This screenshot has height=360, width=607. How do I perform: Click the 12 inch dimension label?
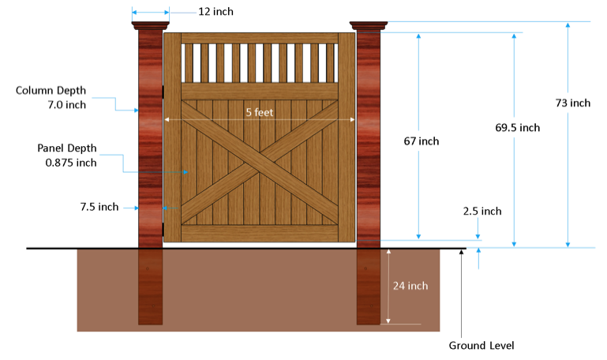(x=215, y=12)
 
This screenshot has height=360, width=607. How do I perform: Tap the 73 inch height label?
(x=573, y=103)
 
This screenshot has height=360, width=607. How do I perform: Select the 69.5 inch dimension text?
(x=518, y=127)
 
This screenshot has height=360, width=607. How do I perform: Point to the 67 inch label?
(x=422, y=141)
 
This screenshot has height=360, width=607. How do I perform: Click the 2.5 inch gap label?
(x=482, y=211)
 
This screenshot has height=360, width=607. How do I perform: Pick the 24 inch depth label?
(x=410, y=286)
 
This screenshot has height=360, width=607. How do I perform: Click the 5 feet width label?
(x=260, y=112)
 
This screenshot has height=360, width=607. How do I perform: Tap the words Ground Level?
(x=481, y=345)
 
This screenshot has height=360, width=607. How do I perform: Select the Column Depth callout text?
(x=51, y=98)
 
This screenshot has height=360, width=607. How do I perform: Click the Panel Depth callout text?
(x=67, y=156)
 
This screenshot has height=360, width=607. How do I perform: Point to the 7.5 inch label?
(x=99, y=207)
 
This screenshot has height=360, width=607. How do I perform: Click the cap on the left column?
(x=150, y=25)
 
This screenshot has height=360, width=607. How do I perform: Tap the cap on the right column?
(x=369, y=25)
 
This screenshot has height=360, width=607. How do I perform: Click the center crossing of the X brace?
(x=260, y=163)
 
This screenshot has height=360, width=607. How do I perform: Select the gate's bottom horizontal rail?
(x=260, y=234)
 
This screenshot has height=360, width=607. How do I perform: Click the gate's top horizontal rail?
(x=260, y=38)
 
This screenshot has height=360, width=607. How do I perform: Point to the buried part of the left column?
(x=150, y=287)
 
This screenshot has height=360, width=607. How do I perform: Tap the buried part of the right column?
(x=369, y=287)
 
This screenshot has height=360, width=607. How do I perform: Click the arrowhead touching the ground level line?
(x=461, y=253)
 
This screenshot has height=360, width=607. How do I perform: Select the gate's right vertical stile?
(x=347, y=137)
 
